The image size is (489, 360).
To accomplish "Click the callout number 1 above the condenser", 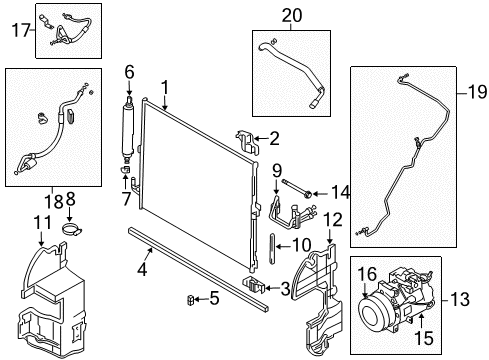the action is pos(165,88).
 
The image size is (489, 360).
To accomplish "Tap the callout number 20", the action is pos(292,15).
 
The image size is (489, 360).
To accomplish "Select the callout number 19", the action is pos(478,92).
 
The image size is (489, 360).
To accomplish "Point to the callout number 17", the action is pos(21,30).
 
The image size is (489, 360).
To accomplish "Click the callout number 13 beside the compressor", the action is pos(460,299).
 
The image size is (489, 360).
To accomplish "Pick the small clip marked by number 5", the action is pos(190,301).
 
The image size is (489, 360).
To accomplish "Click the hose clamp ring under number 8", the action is pos(73,230).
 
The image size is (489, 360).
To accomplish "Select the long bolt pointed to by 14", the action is pos(297,188).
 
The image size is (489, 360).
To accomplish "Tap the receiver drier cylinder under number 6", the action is pos(128,128).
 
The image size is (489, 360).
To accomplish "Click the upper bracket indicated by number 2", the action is pos(248,141).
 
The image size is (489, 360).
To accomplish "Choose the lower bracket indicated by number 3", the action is pos(254,285).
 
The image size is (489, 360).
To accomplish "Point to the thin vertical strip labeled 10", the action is pos(271,249).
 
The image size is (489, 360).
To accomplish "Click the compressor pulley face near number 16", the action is pos(374,309).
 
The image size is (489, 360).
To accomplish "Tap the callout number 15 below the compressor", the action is pos(424,338).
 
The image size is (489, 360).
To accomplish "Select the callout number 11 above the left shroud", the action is pos(43,223).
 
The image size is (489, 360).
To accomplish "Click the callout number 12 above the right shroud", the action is pos(333,220).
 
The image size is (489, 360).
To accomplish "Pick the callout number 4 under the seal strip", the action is pos(142,269).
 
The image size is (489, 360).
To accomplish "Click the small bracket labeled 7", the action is pos(125,170).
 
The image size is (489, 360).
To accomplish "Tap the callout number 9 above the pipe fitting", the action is pos(277,171).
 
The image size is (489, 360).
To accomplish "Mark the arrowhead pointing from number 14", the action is pos(315,194).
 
